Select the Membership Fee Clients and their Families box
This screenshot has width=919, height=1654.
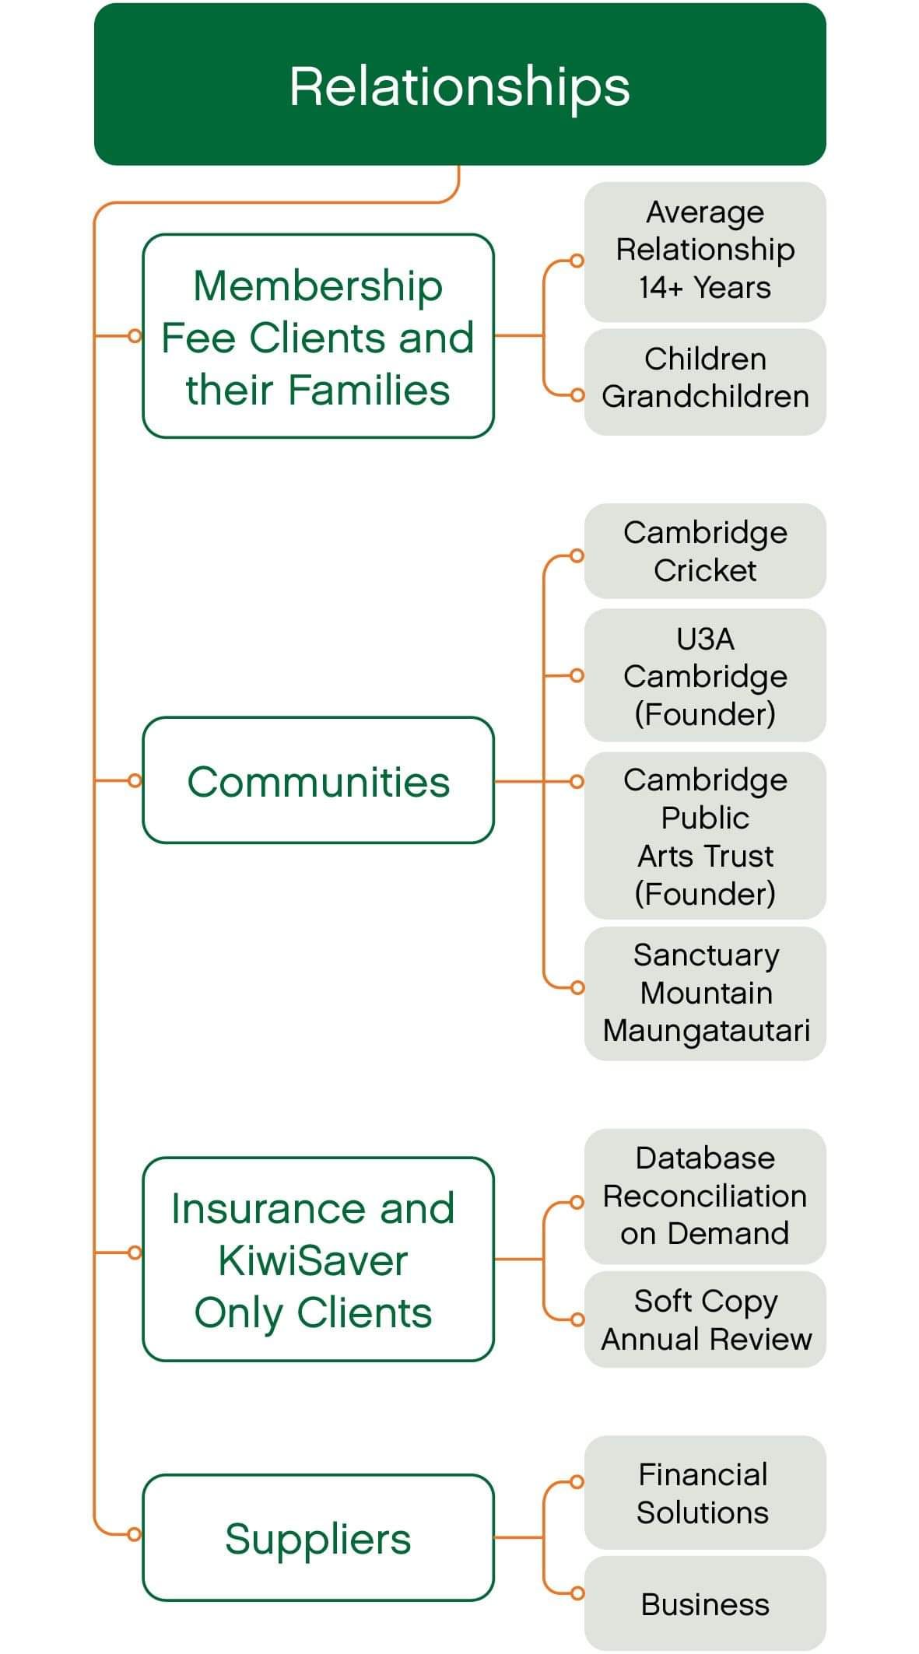pos(317,336)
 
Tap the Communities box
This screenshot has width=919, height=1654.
pos(317,780)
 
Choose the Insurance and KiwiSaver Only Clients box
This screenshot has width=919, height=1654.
pos(317,1259)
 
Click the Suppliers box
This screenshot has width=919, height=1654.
pos(317,1537)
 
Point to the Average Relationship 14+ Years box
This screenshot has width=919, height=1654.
pos(705,251)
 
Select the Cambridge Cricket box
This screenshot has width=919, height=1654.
pos(705,551)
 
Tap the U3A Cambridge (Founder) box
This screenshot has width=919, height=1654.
pos(705,675)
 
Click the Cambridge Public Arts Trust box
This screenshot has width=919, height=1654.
pos(705,836)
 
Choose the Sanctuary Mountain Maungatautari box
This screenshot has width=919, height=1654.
pos(705,993)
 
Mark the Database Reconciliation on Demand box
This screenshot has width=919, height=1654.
pos(705,1196)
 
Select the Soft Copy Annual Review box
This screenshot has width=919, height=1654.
pos(705,1319)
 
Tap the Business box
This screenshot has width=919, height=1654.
pos(705,1604)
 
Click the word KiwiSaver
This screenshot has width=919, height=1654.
pos(313,1260)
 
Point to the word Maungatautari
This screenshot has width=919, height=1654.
pos(707,1030)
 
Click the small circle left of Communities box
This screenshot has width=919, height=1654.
pos(135,780)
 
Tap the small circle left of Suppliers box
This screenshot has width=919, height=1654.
pos(135,1534)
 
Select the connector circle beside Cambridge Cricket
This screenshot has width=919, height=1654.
pos(577,555)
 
